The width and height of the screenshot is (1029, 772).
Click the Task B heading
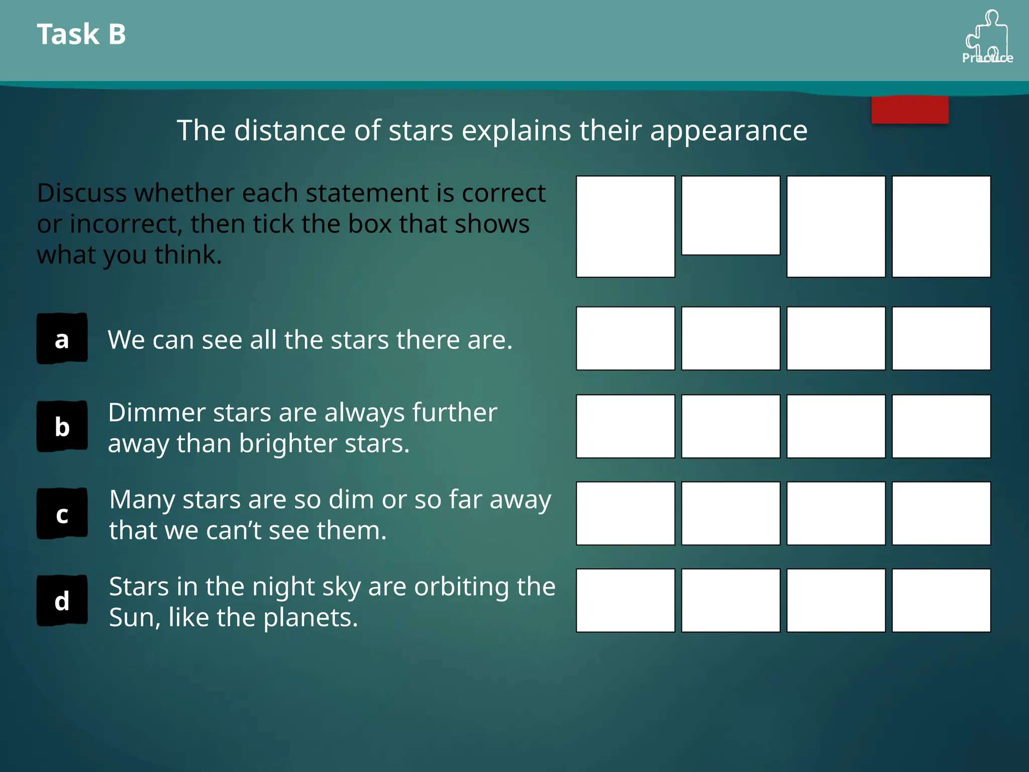pos(81,34)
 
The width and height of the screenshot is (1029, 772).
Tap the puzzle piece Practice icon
pos(987,37)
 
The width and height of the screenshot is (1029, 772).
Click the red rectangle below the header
pos(909,110)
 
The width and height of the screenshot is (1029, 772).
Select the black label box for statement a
pos(62,339)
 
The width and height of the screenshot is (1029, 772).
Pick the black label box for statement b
pos(62,426)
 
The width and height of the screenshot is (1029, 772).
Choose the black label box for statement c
pos(62,514)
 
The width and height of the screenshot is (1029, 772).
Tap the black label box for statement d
pos(62,601)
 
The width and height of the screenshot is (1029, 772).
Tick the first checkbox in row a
pos(625,338)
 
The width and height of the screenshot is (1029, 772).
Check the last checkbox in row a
pos(941,338)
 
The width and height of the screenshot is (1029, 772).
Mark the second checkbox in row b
pos(731,426)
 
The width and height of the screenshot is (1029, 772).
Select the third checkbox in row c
pos(836,513)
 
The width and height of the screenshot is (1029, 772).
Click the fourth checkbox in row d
pos(941,600)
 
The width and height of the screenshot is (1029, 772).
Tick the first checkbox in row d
pos(625,600)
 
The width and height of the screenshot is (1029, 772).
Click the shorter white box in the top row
pos(731,215)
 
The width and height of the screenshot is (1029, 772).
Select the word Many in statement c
pos(142,501)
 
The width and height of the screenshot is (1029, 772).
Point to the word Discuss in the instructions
pos(81,193)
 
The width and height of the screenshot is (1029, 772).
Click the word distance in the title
pos(290,131)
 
